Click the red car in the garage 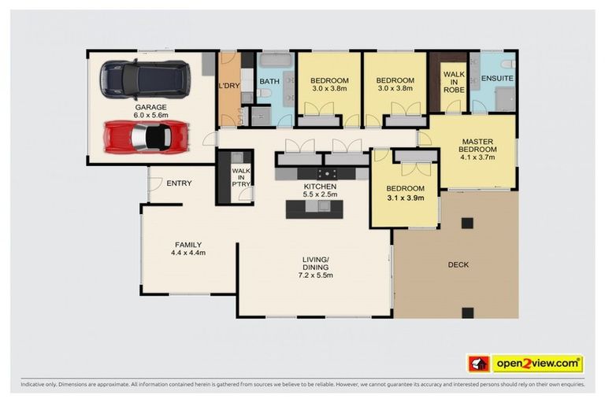[146, 137]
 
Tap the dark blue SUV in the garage [145, 79]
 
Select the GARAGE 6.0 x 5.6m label [151, 111]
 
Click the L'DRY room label [229, 86]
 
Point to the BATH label [269, 81]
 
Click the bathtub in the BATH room [276, 60]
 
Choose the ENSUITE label [497, 78]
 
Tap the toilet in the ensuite [508, 63]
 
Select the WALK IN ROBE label [454, 82]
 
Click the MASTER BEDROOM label [477, 146]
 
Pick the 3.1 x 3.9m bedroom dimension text [406, 198]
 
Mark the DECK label [458, 264]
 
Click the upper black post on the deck [467, 223]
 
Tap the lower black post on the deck [468, 312]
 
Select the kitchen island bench [314, 209]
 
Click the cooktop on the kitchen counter [327, 174]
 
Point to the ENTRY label [179, 183]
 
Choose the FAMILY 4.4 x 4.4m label [188, 249]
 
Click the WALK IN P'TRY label [241, 177]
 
